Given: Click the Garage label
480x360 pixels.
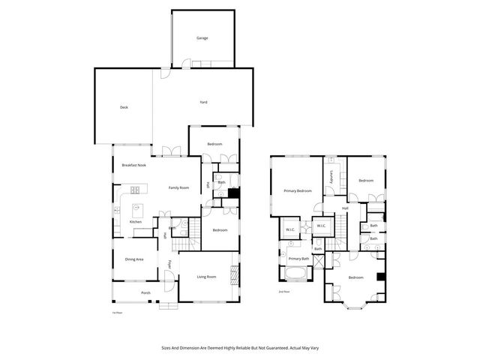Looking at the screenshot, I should [x=202, y=37].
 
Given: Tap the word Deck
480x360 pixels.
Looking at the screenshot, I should [x=124, y=107].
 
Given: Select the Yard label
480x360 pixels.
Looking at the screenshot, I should [x=202, y=102].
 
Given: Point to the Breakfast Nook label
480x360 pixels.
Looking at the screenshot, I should [x=133, y=165].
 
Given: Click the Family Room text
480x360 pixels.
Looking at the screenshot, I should [x=178, y=187].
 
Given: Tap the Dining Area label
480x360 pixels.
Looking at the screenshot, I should [x=134, y=259].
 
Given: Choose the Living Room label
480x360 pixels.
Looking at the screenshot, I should [x=206, y=277].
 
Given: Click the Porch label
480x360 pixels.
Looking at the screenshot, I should [x=145, y=292].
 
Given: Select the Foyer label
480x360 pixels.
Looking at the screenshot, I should [x=170, y=265].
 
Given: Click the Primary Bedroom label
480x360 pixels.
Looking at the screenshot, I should [x=298, y=191].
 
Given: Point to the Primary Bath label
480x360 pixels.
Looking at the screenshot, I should [x=299, y=258].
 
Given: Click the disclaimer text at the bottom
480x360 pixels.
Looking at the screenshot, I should [x=239, y=347].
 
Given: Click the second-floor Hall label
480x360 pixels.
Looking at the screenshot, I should [x=344, y=208].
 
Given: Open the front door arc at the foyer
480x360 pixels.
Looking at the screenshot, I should [x=172, y=283].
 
